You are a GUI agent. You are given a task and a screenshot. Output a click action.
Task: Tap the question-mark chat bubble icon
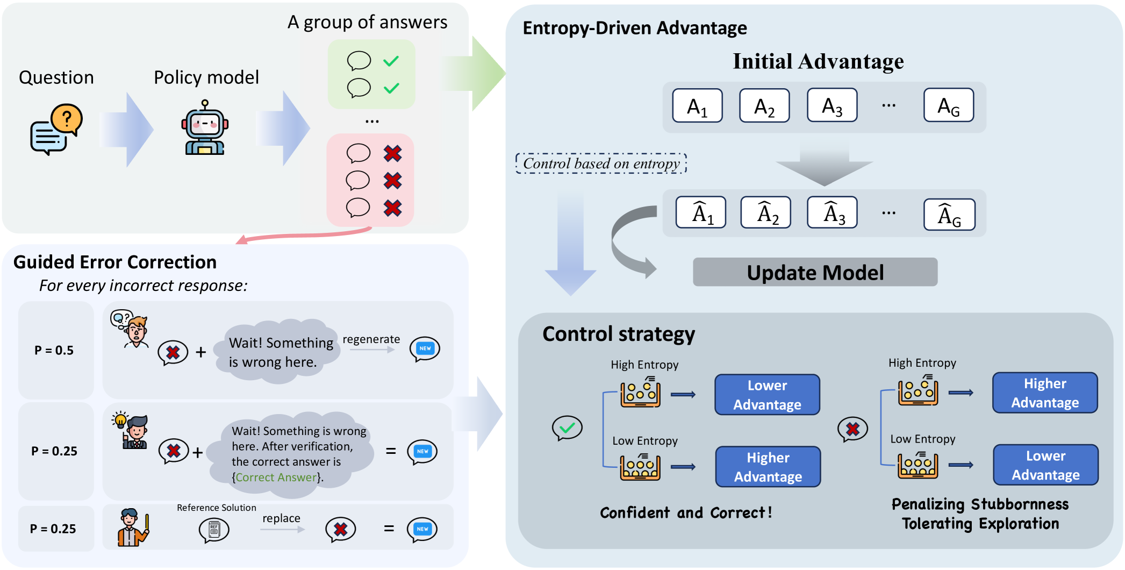56,129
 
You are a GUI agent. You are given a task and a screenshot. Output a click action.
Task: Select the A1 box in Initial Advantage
697,106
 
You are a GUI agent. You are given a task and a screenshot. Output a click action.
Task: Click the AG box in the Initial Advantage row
948,106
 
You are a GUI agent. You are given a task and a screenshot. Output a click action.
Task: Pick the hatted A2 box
765,213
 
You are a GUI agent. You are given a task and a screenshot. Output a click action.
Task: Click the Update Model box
815,272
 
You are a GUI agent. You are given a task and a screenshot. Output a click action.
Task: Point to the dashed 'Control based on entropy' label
601,163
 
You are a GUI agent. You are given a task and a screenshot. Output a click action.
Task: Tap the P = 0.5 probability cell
55,351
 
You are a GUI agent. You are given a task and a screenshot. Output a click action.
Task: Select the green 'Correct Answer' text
276,477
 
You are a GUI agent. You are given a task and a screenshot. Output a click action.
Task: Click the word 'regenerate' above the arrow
371,339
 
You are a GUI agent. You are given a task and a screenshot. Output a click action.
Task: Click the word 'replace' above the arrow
281,518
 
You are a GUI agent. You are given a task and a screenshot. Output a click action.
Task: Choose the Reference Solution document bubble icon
214,530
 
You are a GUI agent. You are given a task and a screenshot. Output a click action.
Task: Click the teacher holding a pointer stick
132,528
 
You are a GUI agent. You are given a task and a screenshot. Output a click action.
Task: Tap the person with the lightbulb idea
132,431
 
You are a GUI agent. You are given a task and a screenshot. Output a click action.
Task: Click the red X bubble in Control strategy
852,429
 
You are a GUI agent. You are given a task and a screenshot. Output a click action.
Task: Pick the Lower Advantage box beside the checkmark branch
767,395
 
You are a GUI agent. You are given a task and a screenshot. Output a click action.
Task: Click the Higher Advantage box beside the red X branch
1044,393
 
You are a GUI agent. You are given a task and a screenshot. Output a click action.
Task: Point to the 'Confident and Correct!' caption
686,512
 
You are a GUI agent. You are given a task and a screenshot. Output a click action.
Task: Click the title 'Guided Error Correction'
115,262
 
